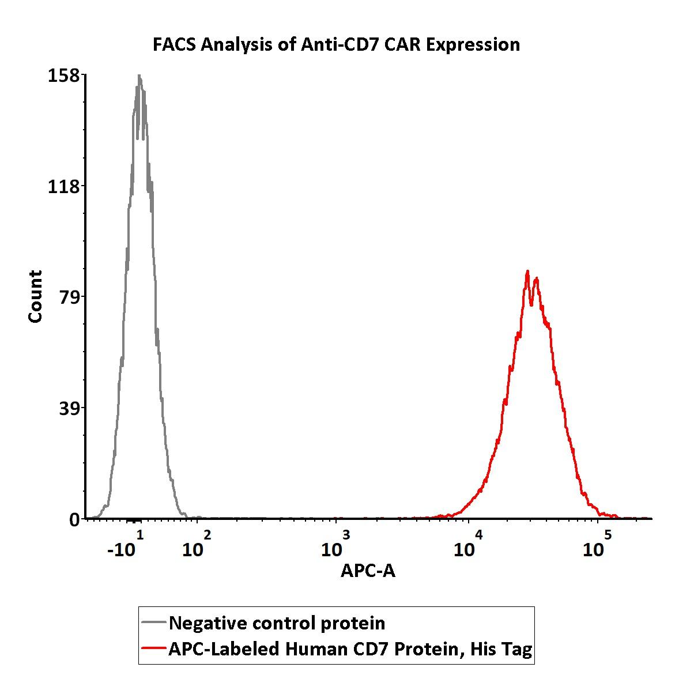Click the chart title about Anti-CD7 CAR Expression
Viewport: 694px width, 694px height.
pyautogui.click(x=336, y=44)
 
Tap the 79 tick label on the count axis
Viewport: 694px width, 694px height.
pyautogui.click(x=71, y=297)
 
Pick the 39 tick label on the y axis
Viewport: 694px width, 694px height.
pyautogui.click(x=71, y=408)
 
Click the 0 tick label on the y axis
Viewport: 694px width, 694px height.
pyautogui.click(x=75, y=520)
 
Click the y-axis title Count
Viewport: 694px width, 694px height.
pyautogui.click(x=36, y=296)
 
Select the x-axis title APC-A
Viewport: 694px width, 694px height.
pyautogui.click(x=368, y=571)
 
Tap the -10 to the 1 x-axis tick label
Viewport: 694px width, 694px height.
pyautogui.click(x=125, y=546)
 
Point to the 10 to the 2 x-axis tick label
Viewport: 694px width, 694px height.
pyautogui.click(x=196, y=546)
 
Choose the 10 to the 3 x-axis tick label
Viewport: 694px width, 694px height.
pyautogui.click(x=335, y=546)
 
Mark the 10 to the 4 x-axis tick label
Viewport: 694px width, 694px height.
pyautogui.click(x=467, y=546)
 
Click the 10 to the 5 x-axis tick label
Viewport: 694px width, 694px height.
pyautogui.click(x=597, y=546)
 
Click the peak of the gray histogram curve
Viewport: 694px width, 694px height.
pyautogui.click(x=139, y=76)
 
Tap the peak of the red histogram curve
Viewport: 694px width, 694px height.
pyautogui.click(x=527, y=271)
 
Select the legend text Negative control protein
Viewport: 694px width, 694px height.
pyautogui.click(x=277, y=623)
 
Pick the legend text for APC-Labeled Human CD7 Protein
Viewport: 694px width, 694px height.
pyautogui.click(x=350, y=650)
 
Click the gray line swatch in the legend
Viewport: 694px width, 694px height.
pyautogui.click(x=154, y=623)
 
